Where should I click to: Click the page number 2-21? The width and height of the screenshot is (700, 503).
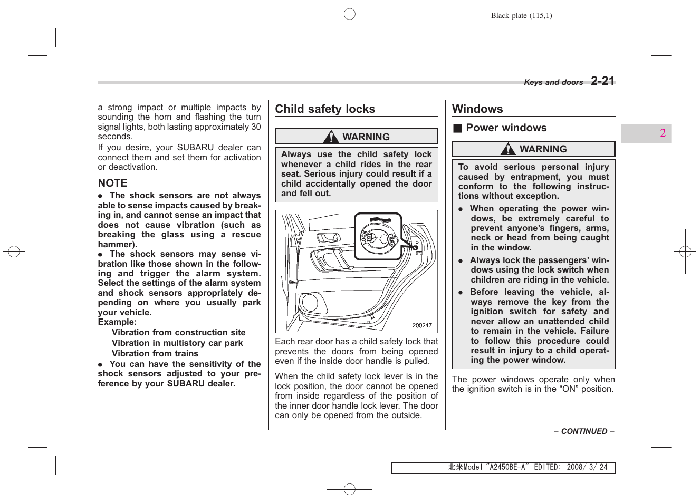pyautogui.click(x=602, y=81)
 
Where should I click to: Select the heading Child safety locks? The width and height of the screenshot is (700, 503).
pyautogui.click(x=325, y=109)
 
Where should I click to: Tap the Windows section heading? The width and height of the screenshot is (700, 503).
pyautogui.click(x=477, y=109)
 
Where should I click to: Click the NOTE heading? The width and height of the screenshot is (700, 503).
pyautogui.click(x=112, y=183)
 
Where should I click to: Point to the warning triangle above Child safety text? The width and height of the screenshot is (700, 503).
pyautogui.click(x=331, y=137)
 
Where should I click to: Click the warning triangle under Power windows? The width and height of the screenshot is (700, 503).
pyautogui.click(x=508, y=149)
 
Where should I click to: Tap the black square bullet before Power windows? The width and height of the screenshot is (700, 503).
pyautogui.click(x=457, y=128)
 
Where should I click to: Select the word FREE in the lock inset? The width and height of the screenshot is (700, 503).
pyautogui.click(x=391, y=239)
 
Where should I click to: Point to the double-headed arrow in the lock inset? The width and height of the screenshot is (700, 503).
pyautogui.click(x=380, y=220)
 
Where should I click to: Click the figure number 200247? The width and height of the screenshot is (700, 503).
pyautogui.click(x=421, y=325)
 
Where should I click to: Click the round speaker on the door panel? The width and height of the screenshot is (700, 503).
pyautogui.click(x=310, y=303)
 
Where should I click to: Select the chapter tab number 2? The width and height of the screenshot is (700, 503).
pyautogui.click(x=663, y=133)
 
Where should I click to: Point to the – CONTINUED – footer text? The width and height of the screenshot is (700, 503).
pyautogui.click(x=584, y=431)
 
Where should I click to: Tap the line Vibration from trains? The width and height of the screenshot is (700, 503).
pyautogui.click(x=155, y=354)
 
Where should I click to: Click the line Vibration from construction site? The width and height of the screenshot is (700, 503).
pyautogui.click(x=178, y=333)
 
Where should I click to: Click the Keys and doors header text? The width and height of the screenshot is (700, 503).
pyautogui.click(x=553, y=82)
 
